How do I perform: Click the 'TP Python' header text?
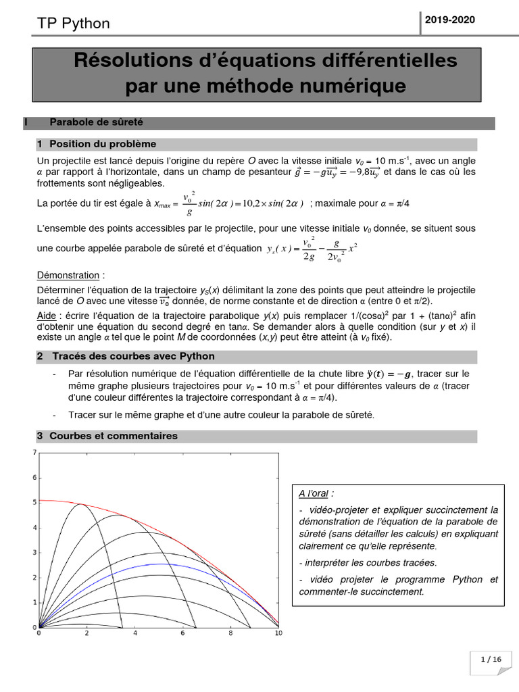point(73,24)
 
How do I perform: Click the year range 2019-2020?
point(449,20)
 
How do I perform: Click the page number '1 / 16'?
point(491,659)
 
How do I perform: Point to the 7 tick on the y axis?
point(34,452)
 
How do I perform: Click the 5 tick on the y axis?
point(34,502)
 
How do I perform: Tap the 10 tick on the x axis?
point(278,634)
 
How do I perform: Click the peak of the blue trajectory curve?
point(158,564)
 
